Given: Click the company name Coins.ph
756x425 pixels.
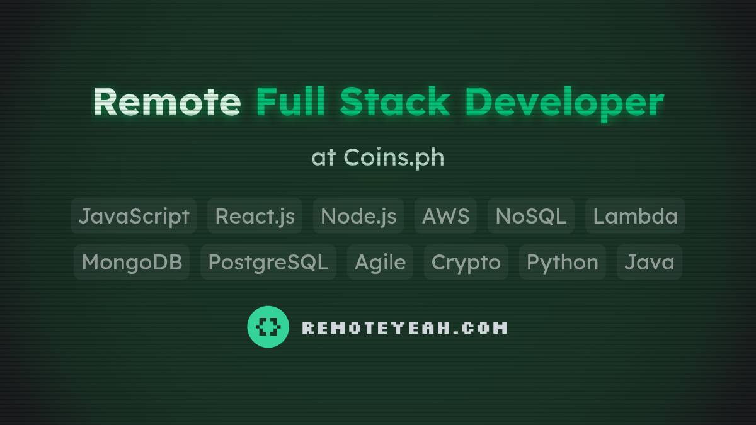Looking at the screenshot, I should pos(394,157).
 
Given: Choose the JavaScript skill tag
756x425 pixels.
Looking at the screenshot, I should pos(134,216).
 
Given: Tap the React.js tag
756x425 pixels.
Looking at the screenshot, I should pos(255,216).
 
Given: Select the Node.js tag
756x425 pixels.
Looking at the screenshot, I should pos(358,216).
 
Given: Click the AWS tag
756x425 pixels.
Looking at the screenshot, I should pos(445,216).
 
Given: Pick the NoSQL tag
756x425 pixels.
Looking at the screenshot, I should pos(530,216).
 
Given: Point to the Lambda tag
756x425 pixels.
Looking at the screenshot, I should pos(635,216).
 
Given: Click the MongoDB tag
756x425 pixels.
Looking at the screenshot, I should pos(132,262).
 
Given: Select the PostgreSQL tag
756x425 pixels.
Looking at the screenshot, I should pos(268,262).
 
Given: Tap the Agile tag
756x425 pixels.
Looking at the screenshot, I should pos(380,262).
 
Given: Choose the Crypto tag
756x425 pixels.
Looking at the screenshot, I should pos(466,262).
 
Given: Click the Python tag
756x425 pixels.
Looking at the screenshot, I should pos(562,262).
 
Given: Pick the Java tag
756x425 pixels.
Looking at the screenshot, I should pos(649,262).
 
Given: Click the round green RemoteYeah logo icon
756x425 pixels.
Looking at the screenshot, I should pos(268,327).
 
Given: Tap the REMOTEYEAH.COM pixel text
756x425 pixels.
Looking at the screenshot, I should pos(404,328).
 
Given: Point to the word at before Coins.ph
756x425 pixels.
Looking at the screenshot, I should pos(323,157).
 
